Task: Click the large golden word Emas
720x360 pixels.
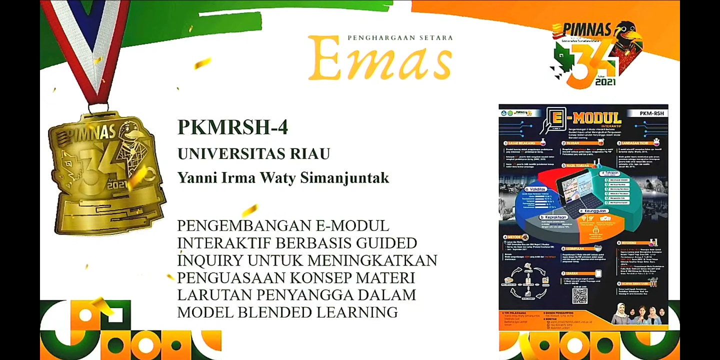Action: tap(380, 59)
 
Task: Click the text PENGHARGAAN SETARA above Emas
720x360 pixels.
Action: tap(400, 37)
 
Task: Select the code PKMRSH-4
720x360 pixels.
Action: tap(232, 127)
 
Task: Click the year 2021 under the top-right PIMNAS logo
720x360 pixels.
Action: tap(605, 81)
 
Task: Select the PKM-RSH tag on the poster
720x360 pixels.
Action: tap(651, 113)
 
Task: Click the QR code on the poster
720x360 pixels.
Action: tap(580, 295)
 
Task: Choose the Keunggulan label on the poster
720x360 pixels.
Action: tap(595, 211)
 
